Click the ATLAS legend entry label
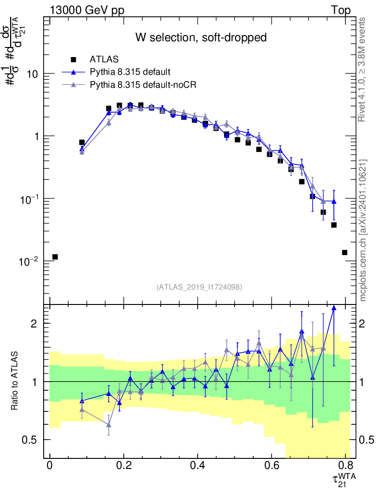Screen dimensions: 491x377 pyautogui.click(x=104, y=59)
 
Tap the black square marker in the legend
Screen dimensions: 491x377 pyautogui.click(x=73, y=59)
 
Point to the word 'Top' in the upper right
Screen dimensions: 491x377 pyautogui.click(x=340, y=11)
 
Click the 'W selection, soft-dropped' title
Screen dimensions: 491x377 pyautogui.click(x=200, y=37)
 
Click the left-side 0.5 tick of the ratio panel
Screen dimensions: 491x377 pyautogui.click(x=32, y=440)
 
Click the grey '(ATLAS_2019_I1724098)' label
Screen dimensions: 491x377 pyautogui.click(x=199, y=287)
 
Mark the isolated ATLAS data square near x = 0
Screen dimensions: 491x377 pyautogui.click(x=55, y=257)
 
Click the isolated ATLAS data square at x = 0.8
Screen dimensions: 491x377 pyautogui.click(x=345, y=252)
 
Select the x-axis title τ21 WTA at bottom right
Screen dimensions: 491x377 pyautogui.click(x=343, y=479)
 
